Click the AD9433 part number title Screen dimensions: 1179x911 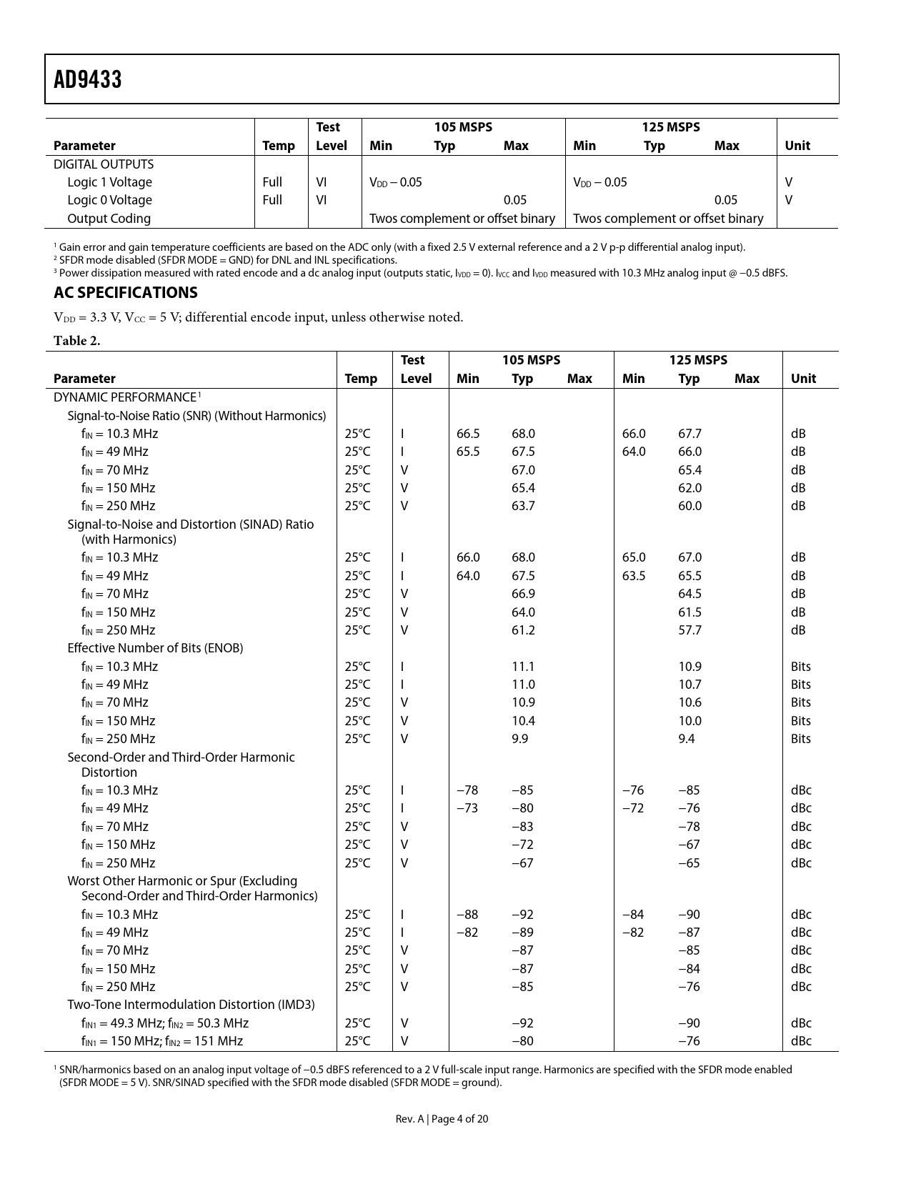[88, 79]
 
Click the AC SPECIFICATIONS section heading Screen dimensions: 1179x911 [126, 293]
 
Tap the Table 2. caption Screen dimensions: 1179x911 [77, 341]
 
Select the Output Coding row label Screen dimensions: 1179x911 [109, 219]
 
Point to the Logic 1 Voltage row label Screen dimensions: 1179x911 [109, 182]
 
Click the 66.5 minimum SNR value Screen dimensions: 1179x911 [468, 434]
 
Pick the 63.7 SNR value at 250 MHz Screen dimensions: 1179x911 [523, 506]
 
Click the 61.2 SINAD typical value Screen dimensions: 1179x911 [523, 630]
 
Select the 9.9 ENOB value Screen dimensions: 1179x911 [519, 739]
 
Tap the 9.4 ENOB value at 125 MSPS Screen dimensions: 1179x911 [686, 739]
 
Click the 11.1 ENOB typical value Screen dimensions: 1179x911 [523, 667]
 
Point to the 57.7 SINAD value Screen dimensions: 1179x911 [690, 630]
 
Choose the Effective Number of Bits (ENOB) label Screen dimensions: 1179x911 [155, 648]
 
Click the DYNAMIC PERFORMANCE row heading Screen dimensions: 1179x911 [125, 397]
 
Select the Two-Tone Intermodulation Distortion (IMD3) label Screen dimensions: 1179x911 [191, 1005]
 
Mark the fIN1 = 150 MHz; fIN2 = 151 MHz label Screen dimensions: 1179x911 [161, 1041]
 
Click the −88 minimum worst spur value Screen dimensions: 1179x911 [467, 915]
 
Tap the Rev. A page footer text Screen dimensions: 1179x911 [442, 1119]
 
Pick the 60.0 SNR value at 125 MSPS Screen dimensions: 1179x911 [690, 506]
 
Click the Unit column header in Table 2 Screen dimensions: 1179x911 [803, 379]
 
